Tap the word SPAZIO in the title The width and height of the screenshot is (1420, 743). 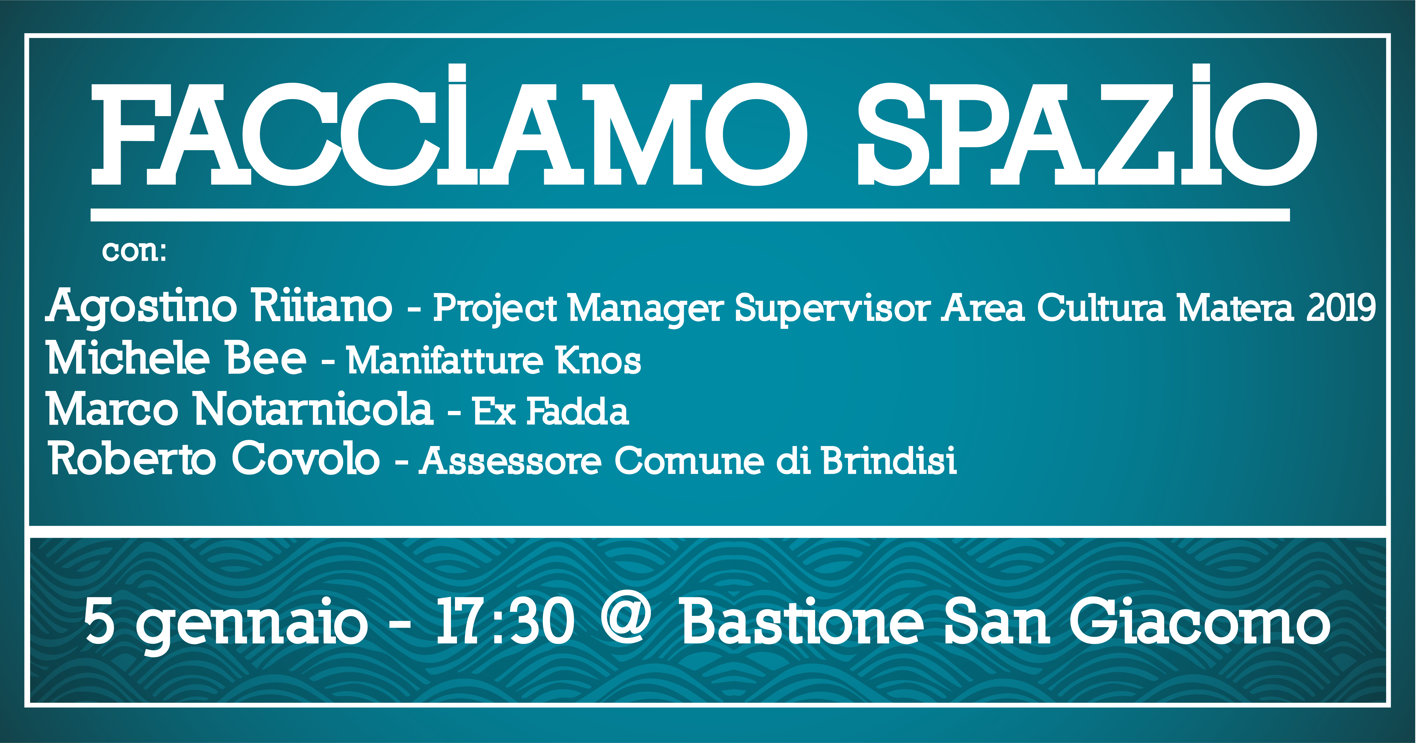1087,125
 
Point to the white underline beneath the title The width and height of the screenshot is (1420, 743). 690,215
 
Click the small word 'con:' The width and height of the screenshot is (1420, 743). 134,252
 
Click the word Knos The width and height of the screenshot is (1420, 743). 598,361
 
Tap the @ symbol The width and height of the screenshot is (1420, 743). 626,620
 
